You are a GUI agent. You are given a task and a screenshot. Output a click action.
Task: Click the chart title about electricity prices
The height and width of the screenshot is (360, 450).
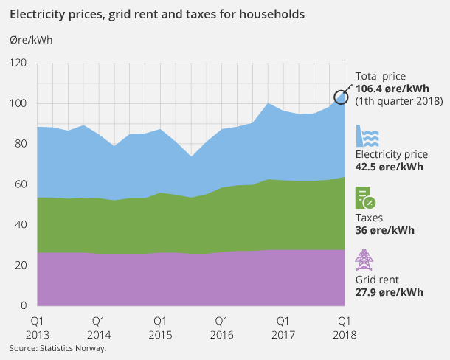[156, 14]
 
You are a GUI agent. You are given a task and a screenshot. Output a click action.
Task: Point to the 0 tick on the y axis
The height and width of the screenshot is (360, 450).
[24, 305]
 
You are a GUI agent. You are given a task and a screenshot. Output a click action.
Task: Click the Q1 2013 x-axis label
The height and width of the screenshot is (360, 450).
[38, 328]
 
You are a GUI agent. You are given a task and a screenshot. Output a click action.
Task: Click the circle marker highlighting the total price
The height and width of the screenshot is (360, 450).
[342, 97]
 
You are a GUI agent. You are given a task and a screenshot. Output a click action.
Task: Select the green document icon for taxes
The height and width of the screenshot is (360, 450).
[366, 198]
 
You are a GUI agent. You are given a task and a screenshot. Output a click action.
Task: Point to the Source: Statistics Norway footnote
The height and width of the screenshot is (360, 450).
[58, 348]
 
